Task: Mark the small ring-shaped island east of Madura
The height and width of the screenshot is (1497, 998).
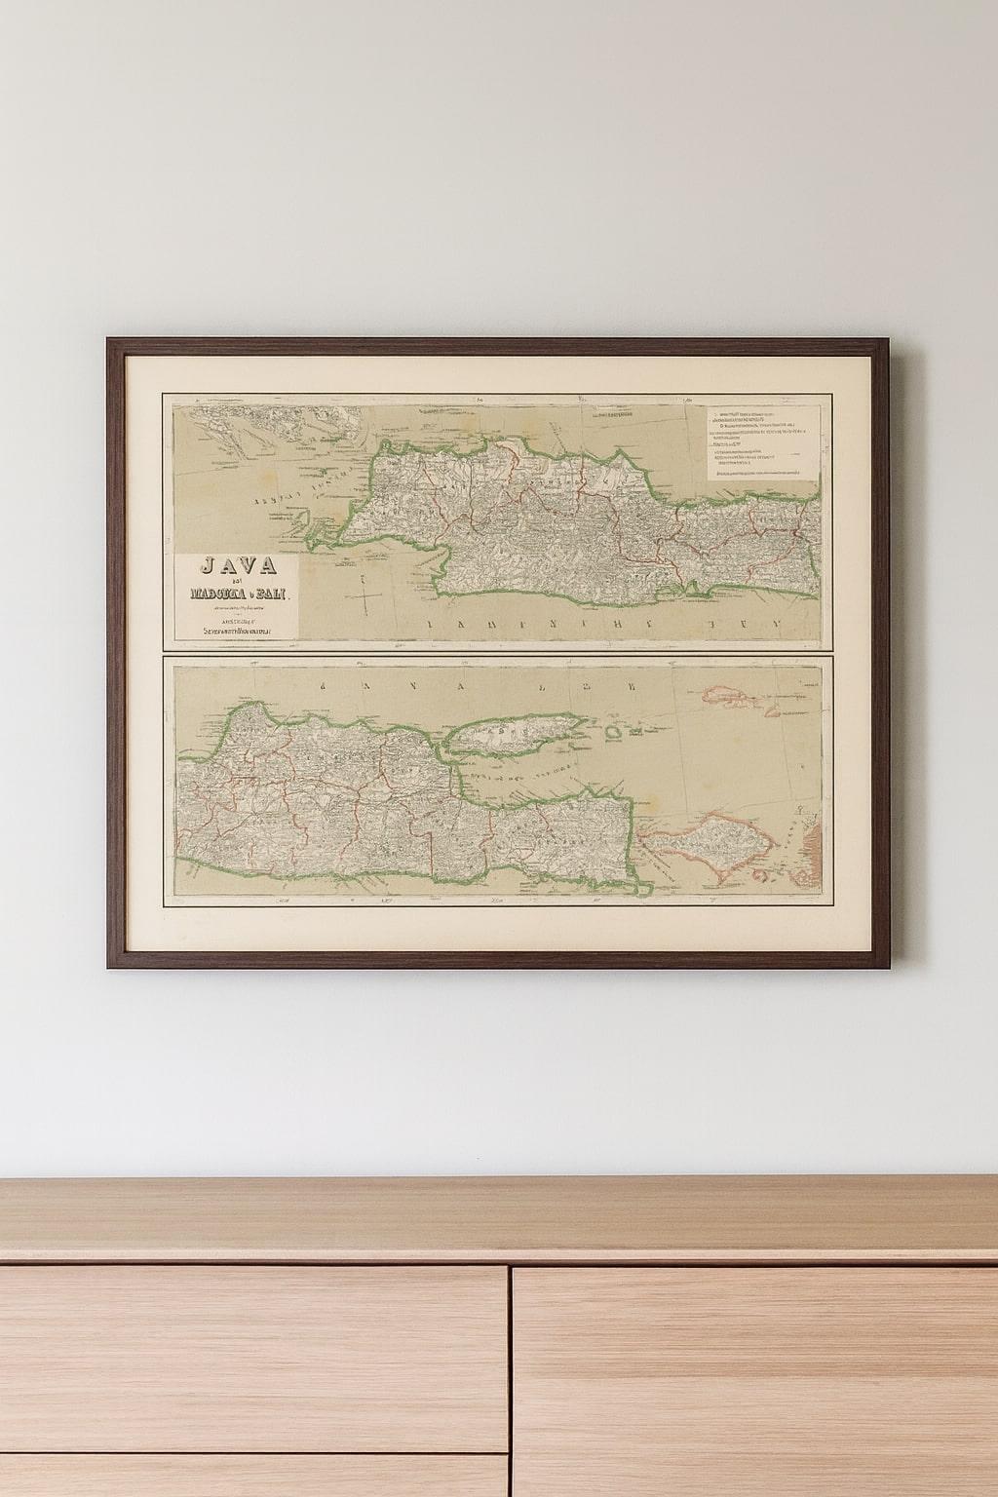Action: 613,731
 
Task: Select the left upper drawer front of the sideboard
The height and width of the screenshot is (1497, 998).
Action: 253,1355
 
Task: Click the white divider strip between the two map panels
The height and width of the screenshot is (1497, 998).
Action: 497,649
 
